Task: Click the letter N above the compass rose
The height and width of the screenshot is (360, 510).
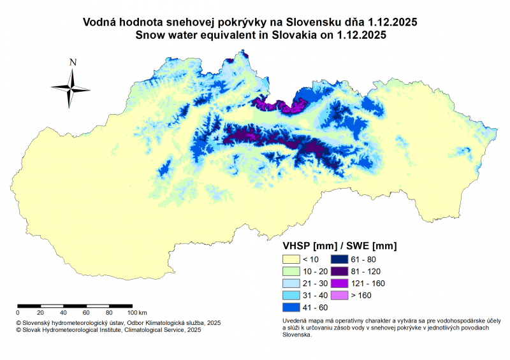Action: (73, 62)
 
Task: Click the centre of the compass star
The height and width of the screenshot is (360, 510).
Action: (71, 88)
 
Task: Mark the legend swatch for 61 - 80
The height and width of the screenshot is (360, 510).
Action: (340, 259)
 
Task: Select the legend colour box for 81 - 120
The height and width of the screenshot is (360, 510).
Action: (340, 271)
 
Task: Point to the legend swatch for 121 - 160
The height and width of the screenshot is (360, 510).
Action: (340, 284)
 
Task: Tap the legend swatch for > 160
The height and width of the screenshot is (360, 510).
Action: (340, 296)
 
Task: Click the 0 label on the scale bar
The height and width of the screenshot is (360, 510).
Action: (18, 313)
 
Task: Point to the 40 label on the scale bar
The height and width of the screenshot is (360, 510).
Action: (63, 313)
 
